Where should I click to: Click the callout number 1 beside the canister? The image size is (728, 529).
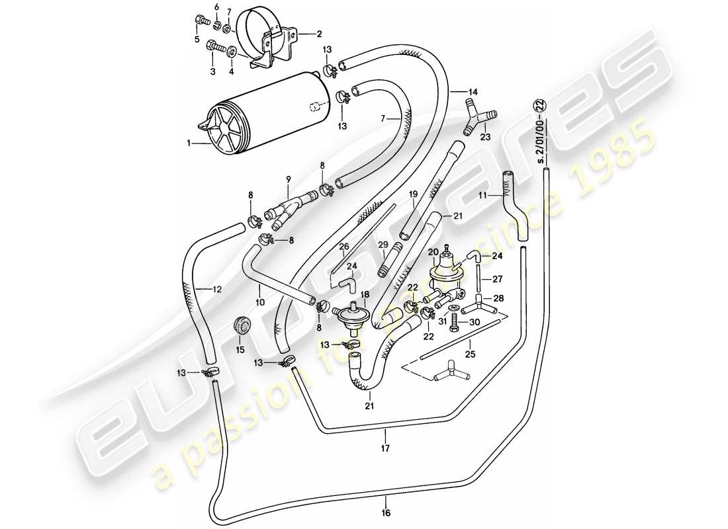(x=189, y=142)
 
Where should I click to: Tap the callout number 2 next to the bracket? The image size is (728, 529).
(x=319, y=32)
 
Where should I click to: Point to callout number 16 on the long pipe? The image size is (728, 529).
(x=386, y=511)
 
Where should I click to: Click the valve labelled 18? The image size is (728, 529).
(x=353, y=318)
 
